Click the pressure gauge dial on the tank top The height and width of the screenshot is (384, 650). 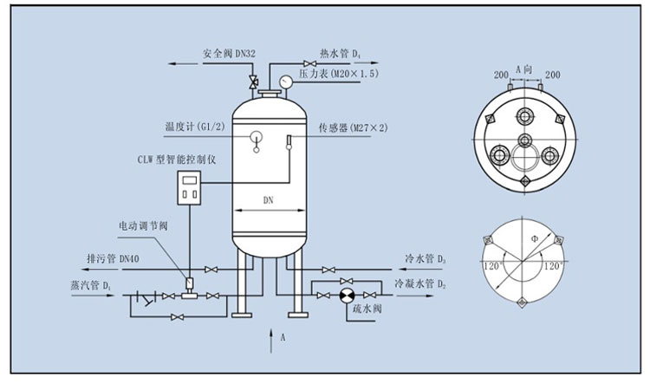pos(285,81)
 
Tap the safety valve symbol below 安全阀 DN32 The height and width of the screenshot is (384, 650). pos(252,81)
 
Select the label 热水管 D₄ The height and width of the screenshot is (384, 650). pos(340,54)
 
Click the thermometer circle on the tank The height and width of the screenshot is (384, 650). pos(257,135)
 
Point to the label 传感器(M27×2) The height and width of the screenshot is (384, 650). pos(354,127)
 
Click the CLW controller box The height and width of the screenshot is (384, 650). pos(190,188)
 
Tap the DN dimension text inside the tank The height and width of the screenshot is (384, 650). pos(269,200)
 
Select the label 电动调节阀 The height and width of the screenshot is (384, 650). pos(143,226)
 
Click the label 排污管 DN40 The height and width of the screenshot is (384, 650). pos(113,259)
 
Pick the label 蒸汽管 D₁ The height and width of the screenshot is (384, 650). pos(91,285)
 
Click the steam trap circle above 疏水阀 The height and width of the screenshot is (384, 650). pos(347,296)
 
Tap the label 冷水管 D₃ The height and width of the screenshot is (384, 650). pos(426,259)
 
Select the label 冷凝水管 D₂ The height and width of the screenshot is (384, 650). pos(420,283)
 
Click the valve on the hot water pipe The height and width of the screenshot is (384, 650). pos(309,63)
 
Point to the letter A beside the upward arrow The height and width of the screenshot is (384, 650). pos(283,337)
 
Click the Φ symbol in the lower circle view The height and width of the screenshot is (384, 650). pos(535,239)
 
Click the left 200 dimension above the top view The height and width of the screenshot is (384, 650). pos(501,75)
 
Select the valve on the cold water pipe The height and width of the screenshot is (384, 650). pos(328,270)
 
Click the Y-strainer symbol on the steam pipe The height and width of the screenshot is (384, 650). pos(146,298)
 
